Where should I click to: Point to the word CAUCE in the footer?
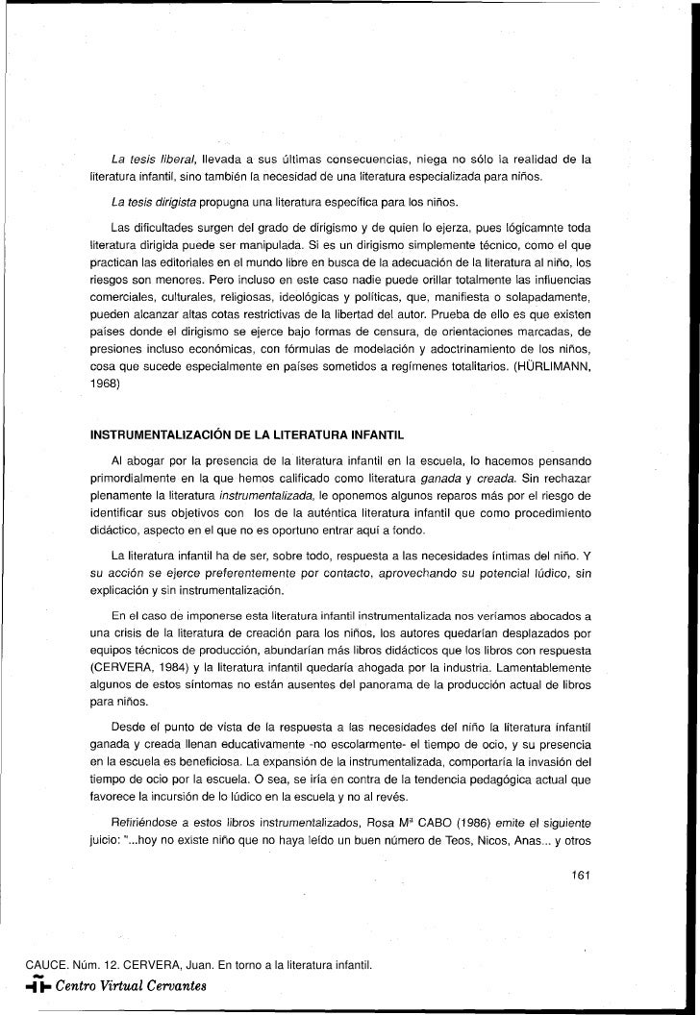click(x=26, y=964)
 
